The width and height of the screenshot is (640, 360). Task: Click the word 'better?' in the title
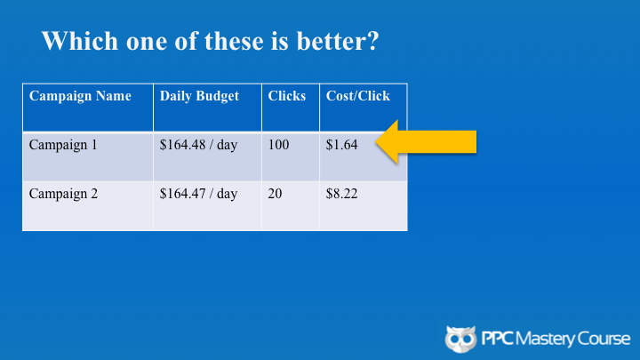coord(338,41)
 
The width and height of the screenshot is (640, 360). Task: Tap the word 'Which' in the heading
coord(80,41)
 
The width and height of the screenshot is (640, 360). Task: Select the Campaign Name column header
coord(80,96)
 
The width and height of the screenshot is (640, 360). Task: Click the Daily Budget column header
coord(199,96)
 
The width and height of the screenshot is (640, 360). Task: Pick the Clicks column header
coord(286,96)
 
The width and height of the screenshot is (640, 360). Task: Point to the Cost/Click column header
coord(358,96)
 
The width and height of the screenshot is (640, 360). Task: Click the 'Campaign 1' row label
coord(63,145)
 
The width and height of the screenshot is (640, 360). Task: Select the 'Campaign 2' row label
coord(63,194)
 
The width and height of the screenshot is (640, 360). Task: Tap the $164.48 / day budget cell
coord(198,145)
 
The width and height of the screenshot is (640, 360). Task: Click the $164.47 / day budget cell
coord(198,194)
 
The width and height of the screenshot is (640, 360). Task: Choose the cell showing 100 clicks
coord(278,145)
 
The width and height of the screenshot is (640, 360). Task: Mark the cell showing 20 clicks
coord(275,194)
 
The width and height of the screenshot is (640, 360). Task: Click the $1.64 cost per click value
coord(341,145)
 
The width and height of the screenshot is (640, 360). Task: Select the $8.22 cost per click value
coord(341,194)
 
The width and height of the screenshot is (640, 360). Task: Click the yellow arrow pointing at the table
coord(426,142)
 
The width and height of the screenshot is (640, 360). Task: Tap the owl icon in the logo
coord(460,339)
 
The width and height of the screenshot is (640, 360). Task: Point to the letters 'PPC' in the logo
coord(498,339)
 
